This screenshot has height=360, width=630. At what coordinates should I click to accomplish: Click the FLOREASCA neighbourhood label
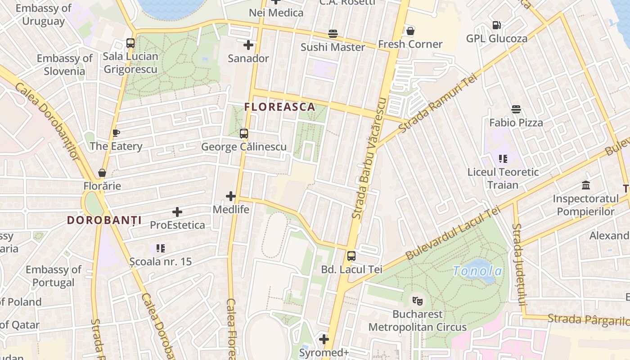click(x=279, y=107)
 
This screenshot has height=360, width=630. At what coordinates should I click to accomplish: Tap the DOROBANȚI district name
click(x=104, y=220)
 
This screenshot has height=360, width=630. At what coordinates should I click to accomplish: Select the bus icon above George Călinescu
click(x=244, y=134)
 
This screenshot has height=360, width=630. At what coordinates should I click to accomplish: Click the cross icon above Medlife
click(x=231, y=196)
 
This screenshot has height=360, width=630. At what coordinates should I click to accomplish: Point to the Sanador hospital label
click(x=248, y=58)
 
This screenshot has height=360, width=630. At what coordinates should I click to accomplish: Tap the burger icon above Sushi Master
click(x=333, y=34)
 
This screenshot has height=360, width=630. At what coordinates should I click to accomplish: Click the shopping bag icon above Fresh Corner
click(x=410, y=31)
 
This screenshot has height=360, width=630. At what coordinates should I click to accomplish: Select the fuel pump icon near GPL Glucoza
click(x=497, y=25)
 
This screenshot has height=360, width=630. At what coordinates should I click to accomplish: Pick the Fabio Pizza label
click(x=516, y=122)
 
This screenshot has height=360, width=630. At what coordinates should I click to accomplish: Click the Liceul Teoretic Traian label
click(x=503, y=178)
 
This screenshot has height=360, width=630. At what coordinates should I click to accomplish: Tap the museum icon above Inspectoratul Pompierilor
click(x=586, y=185)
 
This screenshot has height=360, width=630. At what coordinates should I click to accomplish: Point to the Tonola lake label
click(x=477, y=271)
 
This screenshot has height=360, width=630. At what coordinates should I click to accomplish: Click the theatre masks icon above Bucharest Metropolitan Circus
click(x=418, y=300)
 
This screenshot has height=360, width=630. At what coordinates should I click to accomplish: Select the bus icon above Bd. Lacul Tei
click(x=351, y=256)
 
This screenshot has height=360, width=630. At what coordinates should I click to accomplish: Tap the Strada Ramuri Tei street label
click(x=437, y=103)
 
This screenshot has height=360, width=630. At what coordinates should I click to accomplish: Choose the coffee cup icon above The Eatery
click(x=116, y=133)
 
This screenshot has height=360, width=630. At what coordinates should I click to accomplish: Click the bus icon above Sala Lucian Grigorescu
click(x=130, y=43)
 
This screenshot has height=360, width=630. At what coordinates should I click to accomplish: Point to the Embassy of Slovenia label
click(x=64, y=65)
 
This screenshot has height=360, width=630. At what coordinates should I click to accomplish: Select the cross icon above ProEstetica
click(x=177, y=211)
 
